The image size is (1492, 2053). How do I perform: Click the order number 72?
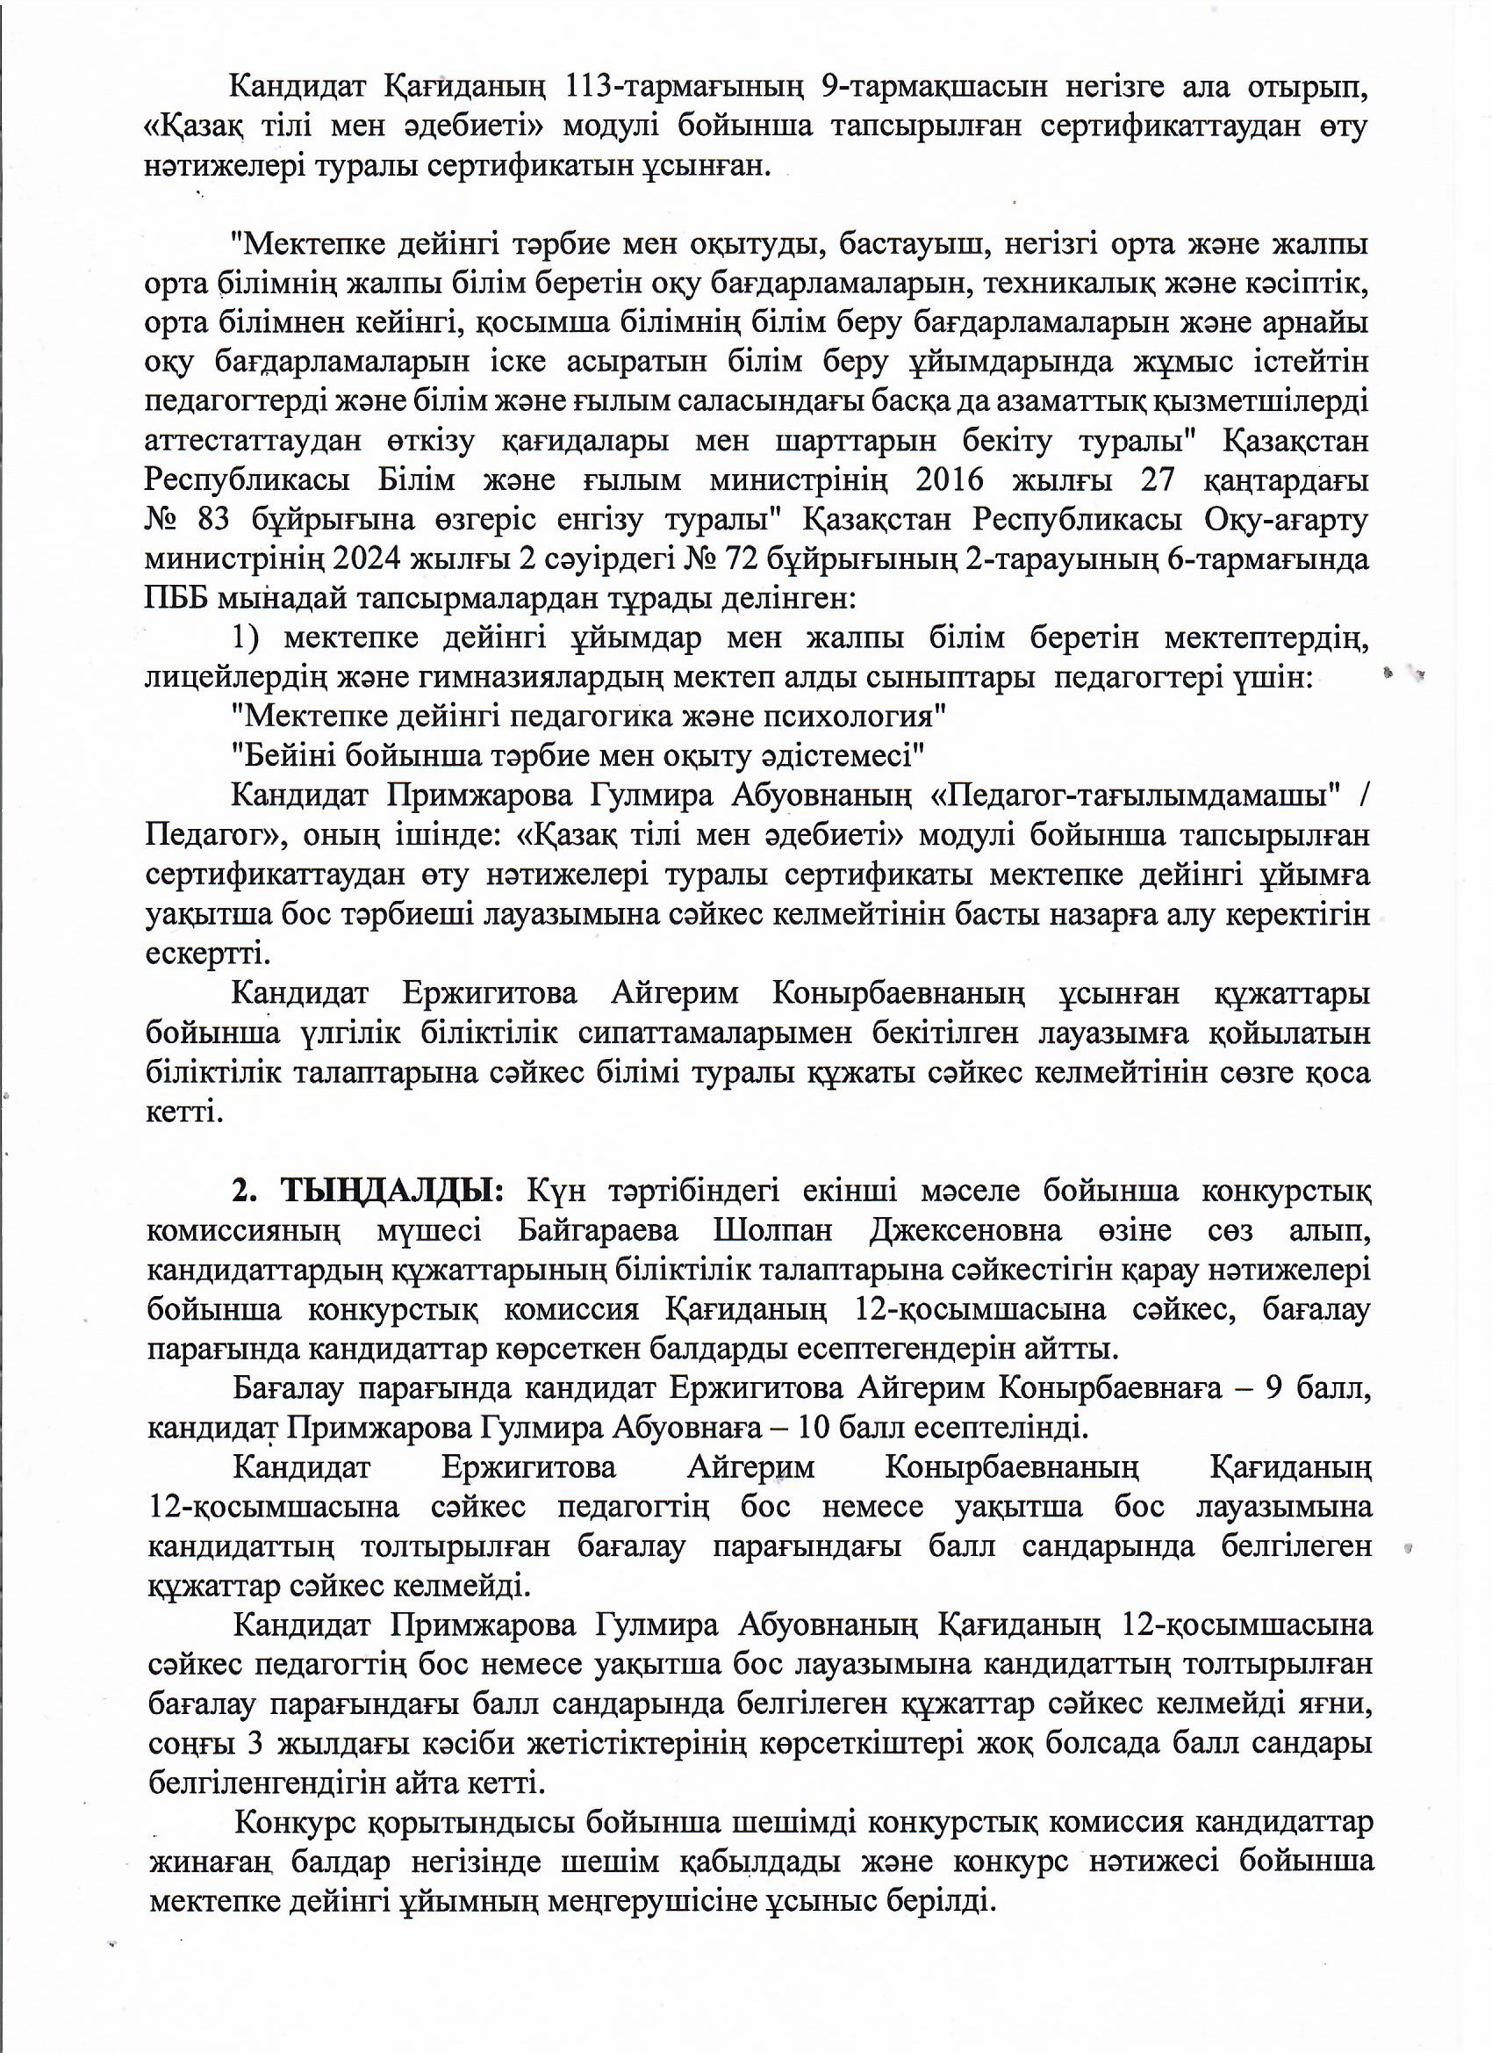[x=739, y=559]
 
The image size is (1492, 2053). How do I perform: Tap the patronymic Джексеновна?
[x=965, y=1230]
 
